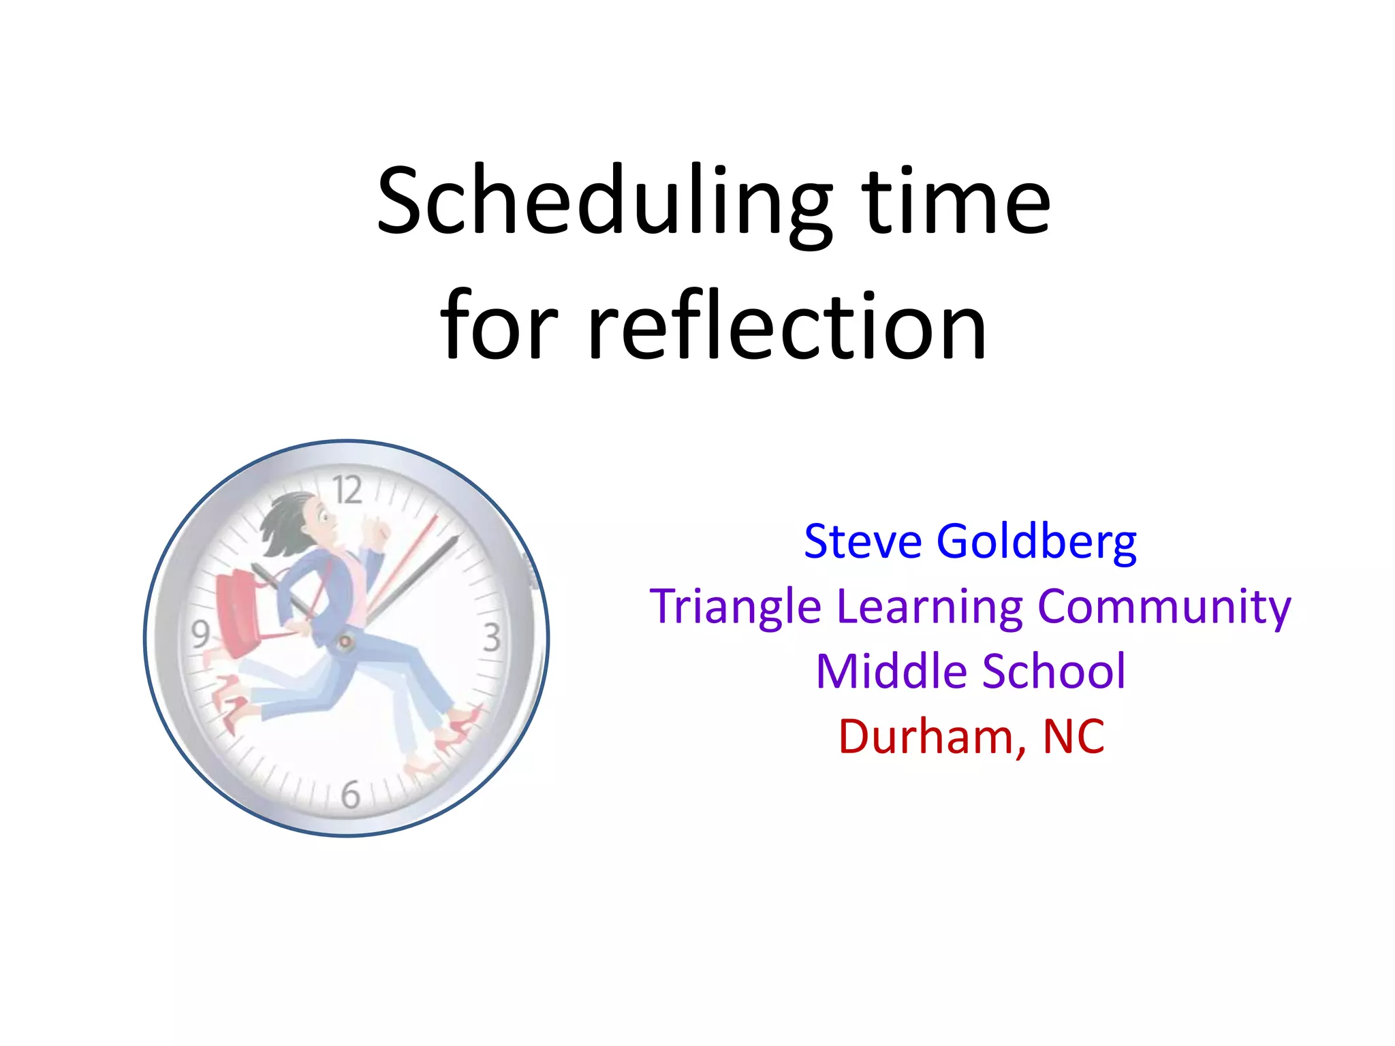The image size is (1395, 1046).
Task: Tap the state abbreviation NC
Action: pos(1073,737)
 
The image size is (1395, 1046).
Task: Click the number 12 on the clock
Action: pos(347,490)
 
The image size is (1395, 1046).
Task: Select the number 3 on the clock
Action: pos(492,637)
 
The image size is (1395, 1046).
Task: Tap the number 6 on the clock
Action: pos(350,795)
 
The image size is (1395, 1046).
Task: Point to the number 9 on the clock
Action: pos(200,634)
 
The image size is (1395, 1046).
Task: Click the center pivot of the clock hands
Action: pos(345,641)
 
